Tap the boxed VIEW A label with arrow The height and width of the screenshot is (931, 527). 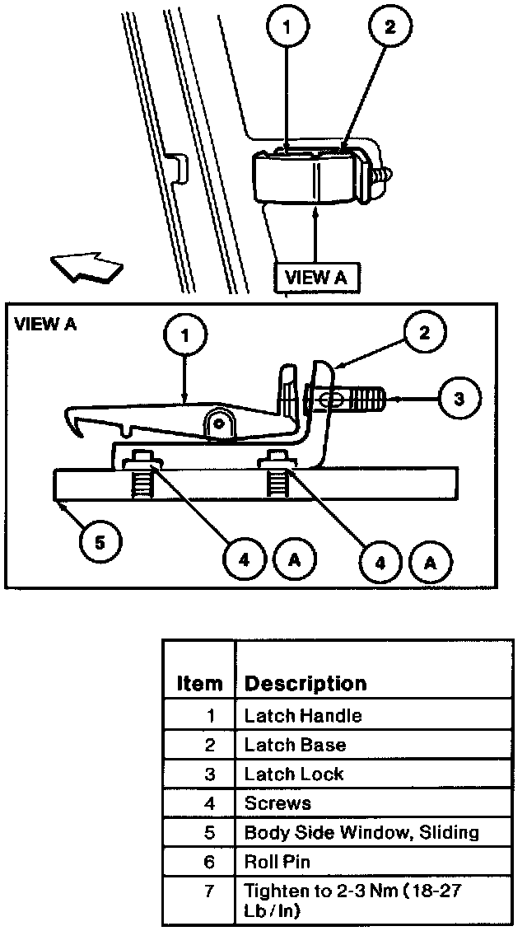tap(315, 277)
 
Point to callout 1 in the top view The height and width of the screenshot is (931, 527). tap(287, 26)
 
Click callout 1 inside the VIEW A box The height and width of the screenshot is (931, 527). tap(185, 336)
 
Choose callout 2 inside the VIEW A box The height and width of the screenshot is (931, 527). tap(424, 333)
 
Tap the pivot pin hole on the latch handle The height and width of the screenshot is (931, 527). tap(218, 423)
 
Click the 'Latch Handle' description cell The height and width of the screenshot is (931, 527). tap(302, 716)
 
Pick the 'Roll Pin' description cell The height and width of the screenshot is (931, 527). tap(277, 862)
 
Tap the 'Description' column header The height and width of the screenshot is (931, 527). tap(305, 684)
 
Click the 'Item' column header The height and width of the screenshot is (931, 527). tap(199, 684)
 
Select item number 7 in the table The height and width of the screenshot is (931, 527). tap(209, 891)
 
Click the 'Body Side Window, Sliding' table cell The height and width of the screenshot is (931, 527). tap(361, 832)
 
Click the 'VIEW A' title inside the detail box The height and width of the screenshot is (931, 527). tap(45, 324)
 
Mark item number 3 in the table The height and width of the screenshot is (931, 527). tap(209, 774)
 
